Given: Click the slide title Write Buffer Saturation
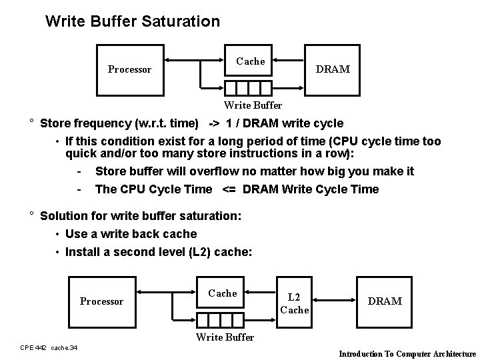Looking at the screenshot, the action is [132, 21].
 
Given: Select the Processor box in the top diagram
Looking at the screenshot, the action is [130, 69].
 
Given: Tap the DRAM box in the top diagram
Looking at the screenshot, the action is [333, 69].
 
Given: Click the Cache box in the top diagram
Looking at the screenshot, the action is [251, 61].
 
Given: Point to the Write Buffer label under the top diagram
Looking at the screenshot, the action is [253, 105].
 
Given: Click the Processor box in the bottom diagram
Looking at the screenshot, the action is [101, 301].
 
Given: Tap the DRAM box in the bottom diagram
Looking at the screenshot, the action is [385, 301].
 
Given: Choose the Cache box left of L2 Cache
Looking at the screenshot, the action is [223, 293].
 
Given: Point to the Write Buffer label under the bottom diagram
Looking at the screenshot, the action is [225, 337].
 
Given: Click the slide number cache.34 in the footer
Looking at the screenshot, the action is [64, 347].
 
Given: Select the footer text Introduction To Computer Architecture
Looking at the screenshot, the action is [407, 353].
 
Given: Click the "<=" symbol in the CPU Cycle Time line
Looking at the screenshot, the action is [228, 189].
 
